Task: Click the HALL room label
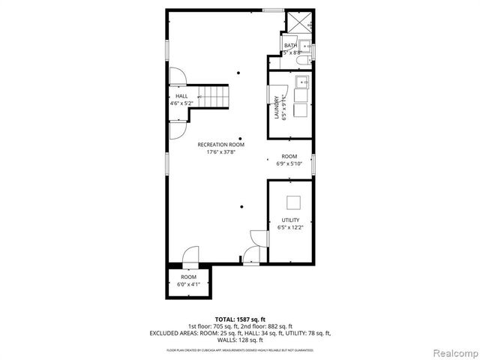[181, 96]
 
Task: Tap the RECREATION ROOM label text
[220, 144]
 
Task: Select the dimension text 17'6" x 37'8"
[220, 151]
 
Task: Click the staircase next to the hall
[214, 97]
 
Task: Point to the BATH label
[290, 46]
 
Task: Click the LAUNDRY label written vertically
[277, 107]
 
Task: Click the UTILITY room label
[290, 220]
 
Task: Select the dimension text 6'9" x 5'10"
[289, 163]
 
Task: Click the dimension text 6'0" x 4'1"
[187, 284]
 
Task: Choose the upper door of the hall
[178, 76]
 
